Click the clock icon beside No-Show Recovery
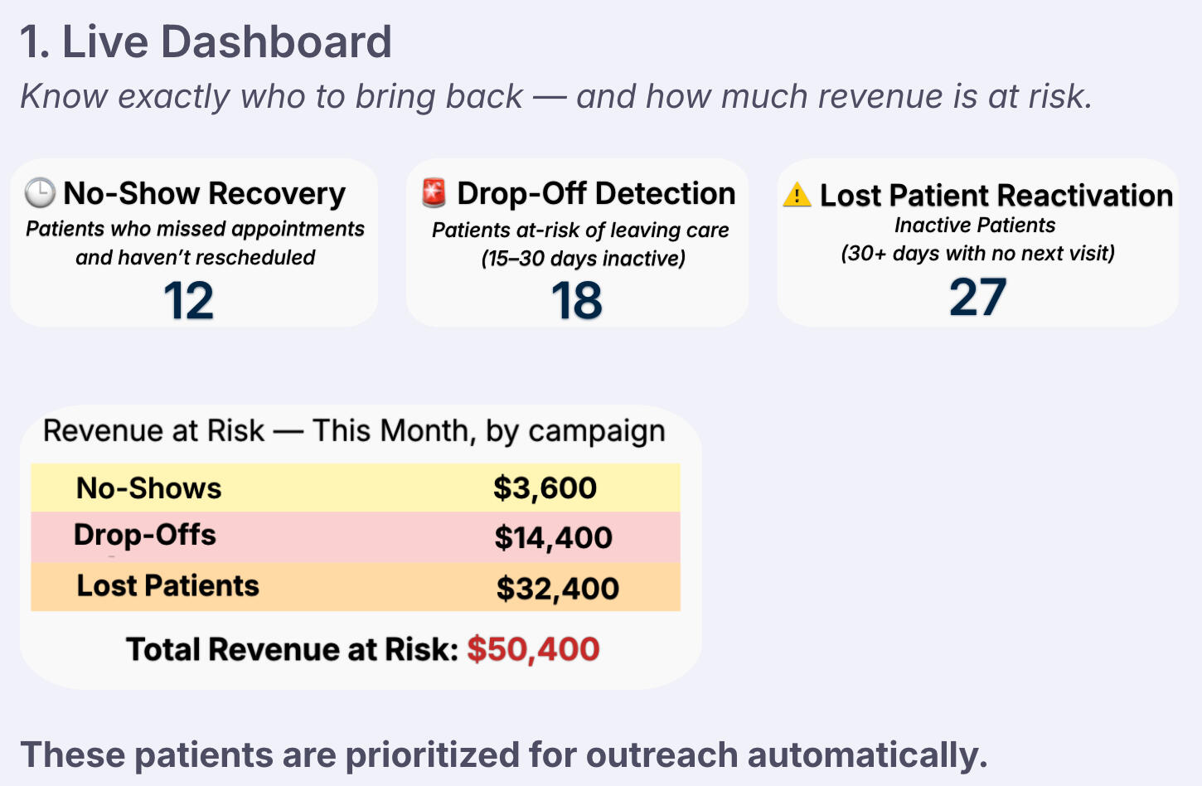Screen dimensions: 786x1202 pyautogui.click(x=40, y=192)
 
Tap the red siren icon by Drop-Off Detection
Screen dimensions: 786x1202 pyautogui.click(x=434, y=192)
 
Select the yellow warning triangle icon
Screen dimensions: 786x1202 pyautogui.click(x=797, y=195)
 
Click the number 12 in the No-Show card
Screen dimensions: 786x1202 pyautogui.click(x=188, y=300)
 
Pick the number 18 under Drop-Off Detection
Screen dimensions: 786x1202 pyautogui.click(x=577, y=300)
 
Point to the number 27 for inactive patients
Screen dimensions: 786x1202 pyautogui.click(x=977, y=297)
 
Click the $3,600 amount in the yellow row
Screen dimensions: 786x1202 pyautogui.click(x=545, y=488)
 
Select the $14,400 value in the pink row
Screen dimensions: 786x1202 pyautogui.click(x=553, y=538)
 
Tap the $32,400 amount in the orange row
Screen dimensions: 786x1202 pyautogui.click(x=557, y=589)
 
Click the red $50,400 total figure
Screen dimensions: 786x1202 pyautogui.click(x=533, y=649)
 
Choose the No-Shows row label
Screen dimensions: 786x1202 pyautogui.click(x=149, y=488)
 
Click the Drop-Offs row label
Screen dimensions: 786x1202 pyautogui.click(x=145, y=536)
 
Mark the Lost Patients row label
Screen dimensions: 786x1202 pyautogui.click(x=168, y=586)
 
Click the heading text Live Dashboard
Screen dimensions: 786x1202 pyautogui.click(x=226, y=42)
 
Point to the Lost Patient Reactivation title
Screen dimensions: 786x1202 pyautogui.click(x=996, y=196)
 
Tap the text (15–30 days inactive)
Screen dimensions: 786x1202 pyautogui.click(x=584, y=259)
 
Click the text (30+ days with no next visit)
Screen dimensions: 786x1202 pyautogui.click(x=977, y=253)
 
